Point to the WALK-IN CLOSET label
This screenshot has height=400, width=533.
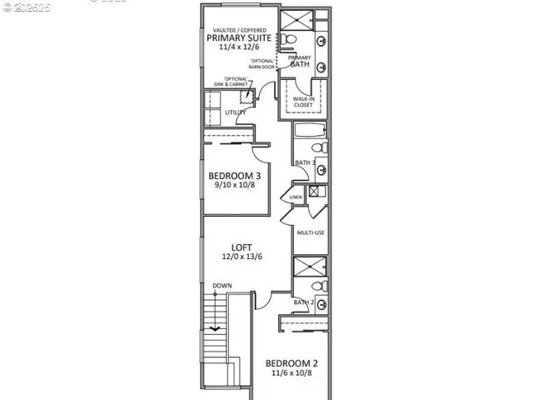(302, 102)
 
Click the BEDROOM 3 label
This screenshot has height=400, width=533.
(235, 176)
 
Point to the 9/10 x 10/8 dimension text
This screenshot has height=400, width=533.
(235, 187)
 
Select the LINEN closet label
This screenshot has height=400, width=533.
(295, 197)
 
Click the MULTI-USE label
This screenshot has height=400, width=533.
(311, 233)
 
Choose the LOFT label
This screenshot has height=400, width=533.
(242, 247)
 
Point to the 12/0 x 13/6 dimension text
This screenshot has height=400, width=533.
(242, 257)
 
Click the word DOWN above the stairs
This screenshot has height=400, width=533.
(222, 286)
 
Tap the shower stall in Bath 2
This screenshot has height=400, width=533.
(304, 272)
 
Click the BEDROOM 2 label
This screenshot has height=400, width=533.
(291, 363)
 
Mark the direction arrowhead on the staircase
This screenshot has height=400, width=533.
(215, 328)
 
